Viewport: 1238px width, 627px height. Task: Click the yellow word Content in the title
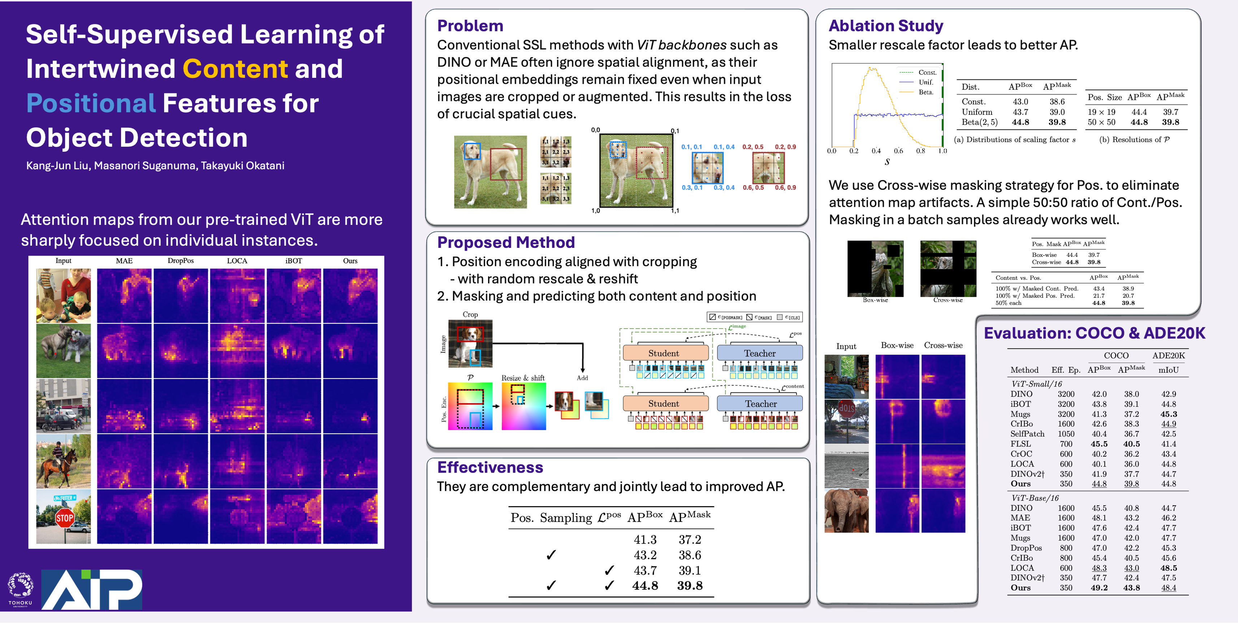point(235,69)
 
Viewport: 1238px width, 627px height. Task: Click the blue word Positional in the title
point(91,103)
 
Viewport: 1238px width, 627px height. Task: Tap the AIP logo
point(92,589)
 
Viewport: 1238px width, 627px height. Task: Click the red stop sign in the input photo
point(64,518)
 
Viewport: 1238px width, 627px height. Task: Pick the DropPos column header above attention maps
point(181,261)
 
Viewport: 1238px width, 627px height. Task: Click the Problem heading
point(470,26)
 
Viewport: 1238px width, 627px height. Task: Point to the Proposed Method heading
point(506,242)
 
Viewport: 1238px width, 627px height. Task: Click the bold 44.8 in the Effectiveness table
point(645,586)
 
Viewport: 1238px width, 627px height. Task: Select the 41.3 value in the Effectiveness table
point(645,540)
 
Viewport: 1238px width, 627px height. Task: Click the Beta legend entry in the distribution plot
point(926,92)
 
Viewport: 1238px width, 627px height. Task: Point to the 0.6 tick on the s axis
point(898,151)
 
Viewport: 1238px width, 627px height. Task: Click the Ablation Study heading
point(886,26)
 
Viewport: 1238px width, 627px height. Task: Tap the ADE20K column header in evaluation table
point(1168,356)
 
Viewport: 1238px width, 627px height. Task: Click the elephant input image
point(846,511)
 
